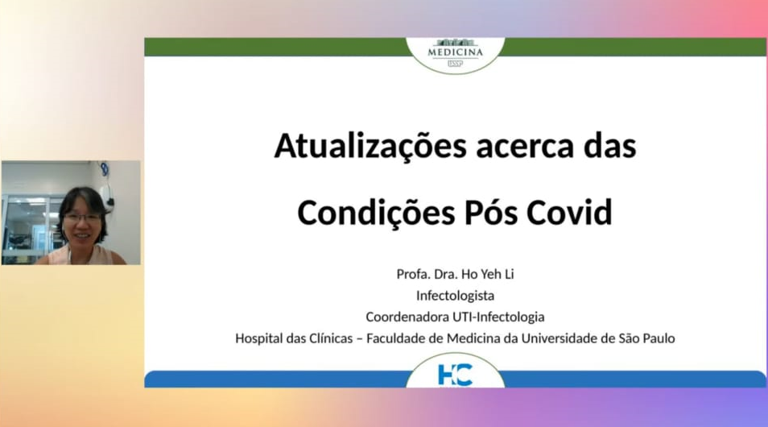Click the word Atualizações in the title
point(370,147)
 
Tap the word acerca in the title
point(525,147)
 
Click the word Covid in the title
point(569,212)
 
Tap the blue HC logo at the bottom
point(455,375)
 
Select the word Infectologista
point(455,296)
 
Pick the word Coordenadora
point(407,317)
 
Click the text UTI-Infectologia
point(498,317)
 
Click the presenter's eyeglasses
point(83,218)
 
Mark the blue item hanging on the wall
point(105,169)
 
